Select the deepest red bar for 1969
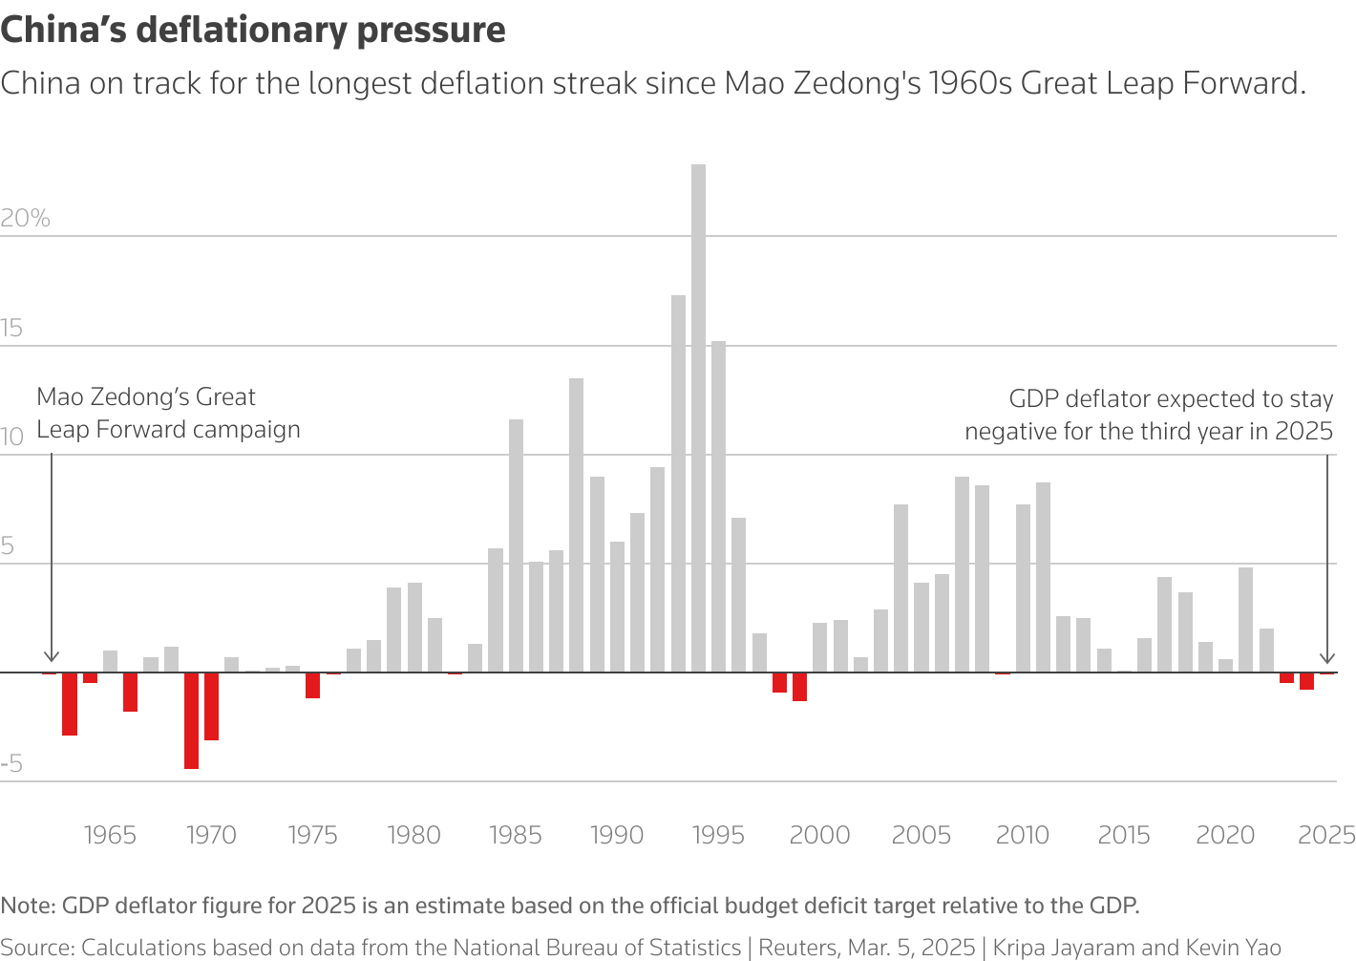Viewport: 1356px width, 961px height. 191,720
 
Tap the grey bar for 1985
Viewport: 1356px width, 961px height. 516,545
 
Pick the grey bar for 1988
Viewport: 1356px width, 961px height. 576,525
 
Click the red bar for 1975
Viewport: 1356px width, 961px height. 312,685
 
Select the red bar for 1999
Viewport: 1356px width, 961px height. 799,687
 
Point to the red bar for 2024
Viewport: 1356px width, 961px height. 1306,681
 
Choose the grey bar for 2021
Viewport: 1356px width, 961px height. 1245,620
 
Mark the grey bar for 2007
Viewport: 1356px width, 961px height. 962,574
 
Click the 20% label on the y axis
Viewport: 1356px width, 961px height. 25,219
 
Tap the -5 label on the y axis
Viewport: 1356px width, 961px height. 11,764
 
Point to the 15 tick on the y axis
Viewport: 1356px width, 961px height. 11,329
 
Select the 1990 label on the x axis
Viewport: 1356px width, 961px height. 617,836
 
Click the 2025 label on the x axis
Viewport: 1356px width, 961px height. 1326,836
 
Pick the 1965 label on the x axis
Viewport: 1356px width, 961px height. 110,836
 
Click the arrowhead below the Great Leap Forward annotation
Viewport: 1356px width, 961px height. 52,657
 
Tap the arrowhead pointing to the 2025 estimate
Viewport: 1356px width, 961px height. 1326,657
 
